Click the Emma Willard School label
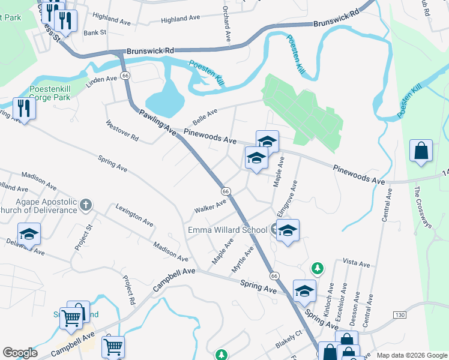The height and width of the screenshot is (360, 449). pyautogui.click(x=228, y=230)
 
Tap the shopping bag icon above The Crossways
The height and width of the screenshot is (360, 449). pyautogui.click(x=421, y=151)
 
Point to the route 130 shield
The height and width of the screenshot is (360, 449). pyautogui.click(x=399, y=315)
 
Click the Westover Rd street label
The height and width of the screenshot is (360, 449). pyautogui.click(x=122, y=131)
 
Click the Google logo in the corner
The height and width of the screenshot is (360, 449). pyautogui.click(x=20, y=353)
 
